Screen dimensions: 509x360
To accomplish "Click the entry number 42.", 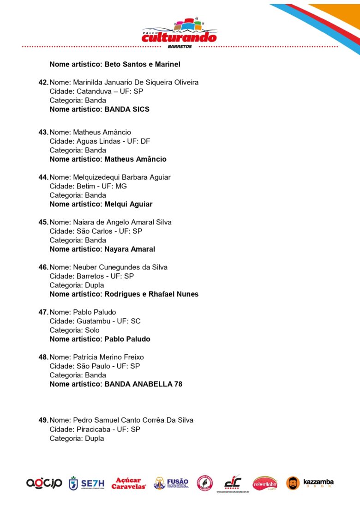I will (x=43, y=82).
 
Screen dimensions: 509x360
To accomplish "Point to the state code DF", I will (x=145, y=141).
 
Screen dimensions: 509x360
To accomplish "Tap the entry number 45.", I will (x=43, y=222).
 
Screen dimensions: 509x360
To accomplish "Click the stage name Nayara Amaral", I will (x=130, y=249).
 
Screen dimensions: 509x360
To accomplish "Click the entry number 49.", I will (x=43, y=420).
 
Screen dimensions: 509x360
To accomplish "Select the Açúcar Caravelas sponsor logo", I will (x=129, y=483).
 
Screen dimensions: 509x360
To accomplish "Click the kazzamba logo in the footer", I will (x=310, y=483).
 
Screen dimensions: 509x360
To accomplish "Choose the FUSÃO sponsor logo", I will (x=171, y=483).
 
